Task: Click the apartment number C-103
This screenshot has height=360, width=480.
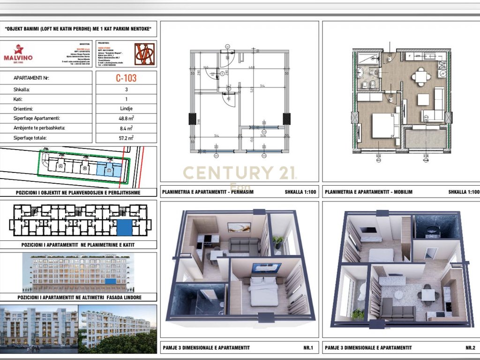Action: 126,78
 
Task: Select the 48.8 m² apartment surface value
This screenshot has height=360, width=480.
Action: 126,118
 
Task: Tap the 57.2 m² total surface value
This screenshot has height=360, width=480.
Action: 126,138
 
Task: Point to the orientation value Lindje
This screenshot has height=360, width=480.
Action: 126,109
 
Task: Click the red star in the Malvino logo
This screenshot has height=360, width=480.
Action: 19,49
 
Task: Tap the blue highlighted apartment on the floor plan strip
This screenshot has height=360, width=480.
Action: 124,227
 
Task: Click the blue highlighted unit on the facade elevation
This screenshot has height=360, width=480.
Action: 110,282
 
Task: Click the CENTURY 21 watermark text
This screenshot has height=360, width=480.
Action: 239,173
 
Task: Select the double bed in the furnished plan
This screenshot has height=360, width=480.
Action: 382,125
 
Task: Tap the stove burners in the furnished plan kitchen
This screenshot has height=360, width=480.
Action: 442,66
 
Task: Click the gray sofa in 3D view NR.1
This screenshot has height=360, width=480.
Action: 244,245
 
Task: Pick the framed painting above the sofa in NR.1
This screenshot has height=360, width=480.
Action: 239,227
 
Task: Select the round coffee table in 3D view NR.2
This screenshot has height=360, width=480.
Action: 399,295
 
